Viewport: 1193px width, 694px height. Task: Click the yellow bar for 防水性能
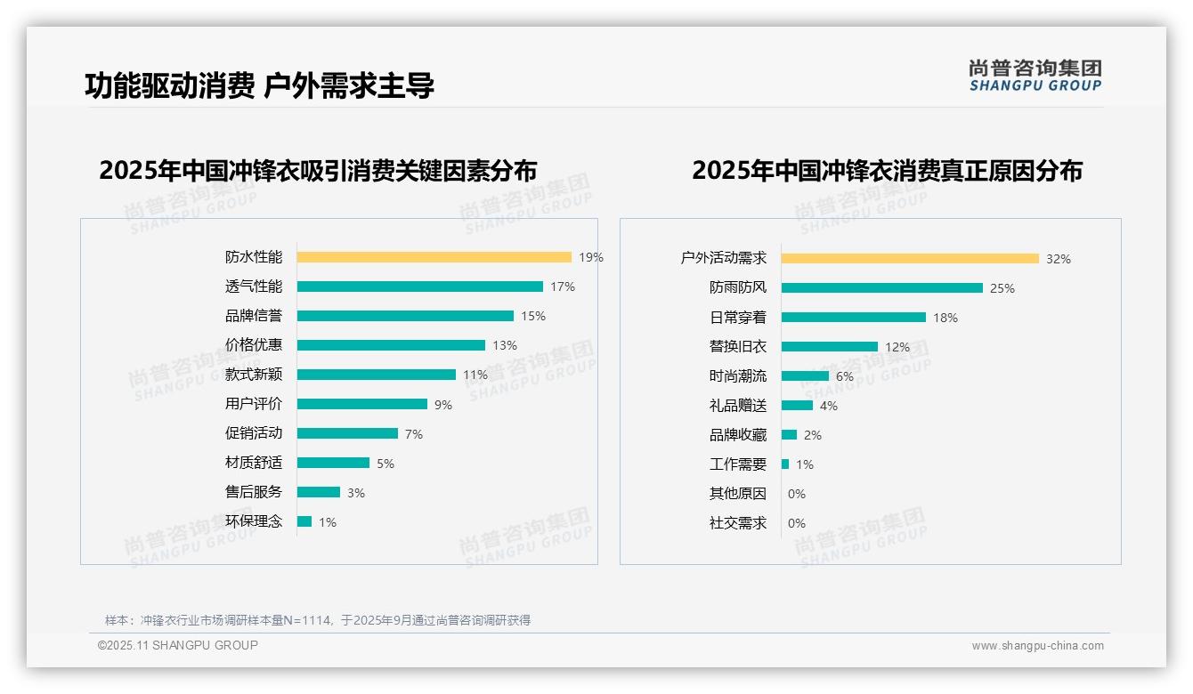(434, 257)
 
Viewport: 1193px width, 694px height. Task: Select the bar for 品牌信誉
(405, 316)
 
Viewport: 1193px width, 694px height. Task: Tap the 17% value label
(563, 286)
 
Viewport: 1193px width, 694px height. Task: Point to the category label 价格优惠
(254, 345)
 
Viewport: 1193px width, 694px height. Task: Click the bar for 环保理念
(304, 521)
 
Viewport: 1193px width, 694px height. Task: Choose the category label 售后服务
(254, 492)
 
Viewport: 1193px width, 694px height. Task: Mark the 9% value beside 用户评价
(443, 405)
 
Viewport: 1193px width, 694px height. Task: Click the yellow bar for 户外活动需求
(910, 259)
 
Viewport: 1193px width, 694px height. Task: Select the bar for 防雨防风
(881, 288)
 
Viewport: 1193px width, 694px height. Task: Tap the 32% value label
(1059, 259)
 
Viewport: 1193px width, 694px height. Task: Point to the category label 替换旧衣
(738, 347)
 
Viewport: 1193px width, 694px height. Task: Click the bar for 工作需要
(785, 464)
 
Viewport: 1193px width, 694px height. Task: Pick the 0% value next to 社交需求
(797, 523)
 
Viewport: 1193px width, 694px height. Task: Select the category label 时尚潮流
(738, 376)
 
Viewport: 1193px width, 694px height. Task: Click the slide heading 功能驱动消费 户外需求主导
(259, 85)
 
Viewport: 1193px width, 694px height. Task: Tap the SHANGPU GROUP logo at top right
(1035, 75)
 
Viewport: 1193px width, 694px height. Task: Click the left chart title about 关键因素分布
(318, 170)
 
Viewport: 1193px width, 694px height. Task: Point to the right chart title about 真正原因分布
(887, 170)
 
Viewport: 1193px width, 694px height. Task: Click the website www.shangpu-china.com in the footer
(1037, 646)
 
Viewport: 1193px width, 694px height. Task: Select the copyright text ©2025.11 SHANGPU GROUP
(178, 645)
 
